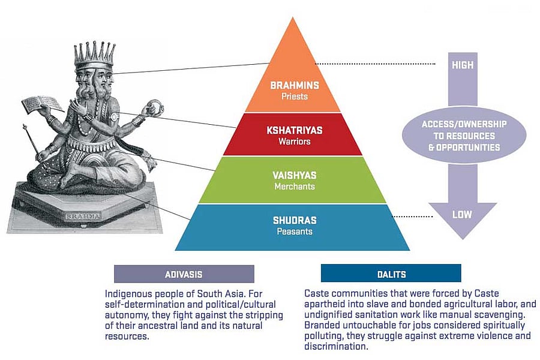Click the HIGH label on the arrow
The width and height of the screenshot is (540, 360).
point(462,65)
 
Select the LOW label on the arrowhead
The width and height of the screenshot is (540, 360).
point(462,215)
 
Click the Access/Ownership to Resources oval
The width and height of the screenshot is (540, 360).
point(462,135)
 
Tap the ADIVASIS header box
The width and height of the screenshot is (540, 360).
point(184,274)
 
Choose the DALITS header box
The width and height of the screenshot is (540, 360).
point(391,274)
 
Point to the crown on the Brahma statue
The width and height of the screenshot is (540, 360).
point(94,55)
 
